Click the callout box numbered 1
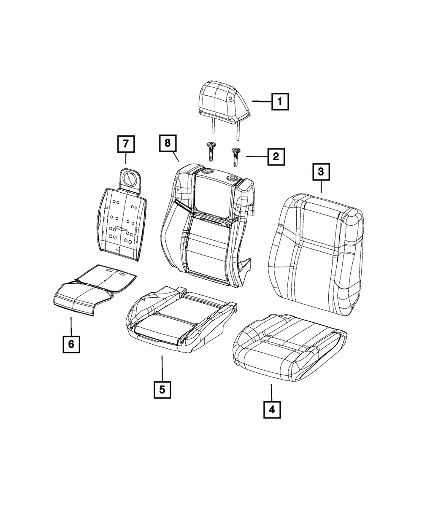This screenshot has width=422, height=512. [x=280, y=102]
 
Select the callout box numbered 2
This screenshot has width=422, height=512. [x=276, y=156]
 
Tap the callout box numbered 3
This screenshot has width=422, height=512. [x=321, y=172]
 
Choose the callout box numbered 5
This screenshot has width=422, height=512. [x=162, y=389]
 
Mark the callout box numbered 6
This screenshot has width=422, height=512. [x=71, y=344]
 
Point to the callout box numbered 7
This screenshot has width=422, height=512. [x=126, y=144]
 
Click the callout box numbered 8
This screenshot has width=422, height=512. [x=168, y=143]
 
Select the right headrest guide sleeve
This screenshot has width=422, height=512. [x=235, y=157]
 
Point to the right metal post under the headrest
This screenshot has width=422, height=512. [x=237, y=131]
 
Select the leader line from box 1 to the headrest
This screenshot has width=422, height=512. [x=262, y=101]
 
